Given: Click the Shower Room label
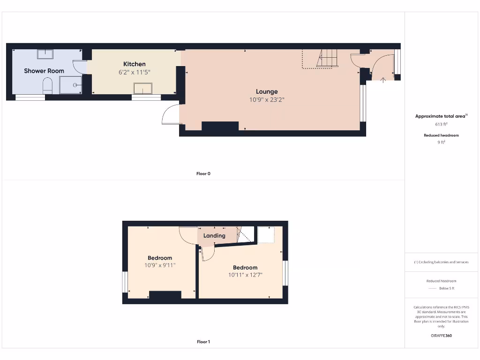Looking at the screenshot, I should point(44,71).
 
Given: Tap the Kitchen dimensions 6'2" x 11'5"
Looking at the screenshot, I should point(135,72).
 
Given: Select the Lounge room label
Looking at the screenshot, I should point(267,91).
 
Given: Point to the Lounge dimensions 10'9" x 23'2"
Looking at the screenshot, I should point(267,99).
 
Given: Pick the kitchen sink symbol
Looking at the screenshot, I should point(143,88).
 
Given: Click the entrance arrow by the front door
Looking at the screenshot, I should point(383,80).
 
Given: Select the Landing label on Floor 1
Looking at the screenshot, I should point(214,236).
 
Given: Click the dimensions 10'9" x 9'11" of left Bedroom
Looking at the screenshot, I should point(160,265).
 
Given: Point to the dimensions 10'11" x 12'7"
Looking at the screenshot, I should point(245,275).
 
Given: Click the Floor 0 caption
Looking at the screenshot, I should point(203,173).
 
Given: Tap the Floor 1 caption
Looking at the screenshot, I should point(203,342).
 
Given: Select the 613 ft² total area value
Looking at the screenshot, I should point(441,125).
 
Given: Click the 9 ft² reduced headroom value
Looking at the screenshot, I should point(441,142).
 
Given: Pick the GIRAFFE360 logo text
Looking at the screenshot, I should point(441,336).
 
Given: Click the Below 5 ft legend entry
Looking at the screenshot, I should point(441,288).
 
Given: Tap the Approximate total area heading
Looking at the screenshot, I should point(441,116).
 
